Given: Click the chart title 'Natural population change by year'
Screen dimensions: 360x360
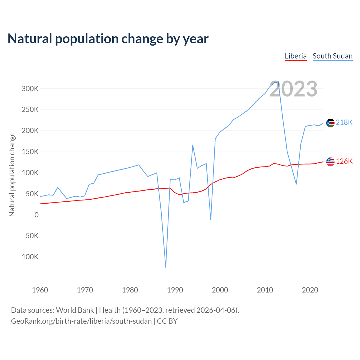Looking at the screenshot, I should tap(108, 39).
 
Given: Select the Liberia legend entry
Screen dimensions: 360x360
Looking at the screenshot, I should tap(296, 56).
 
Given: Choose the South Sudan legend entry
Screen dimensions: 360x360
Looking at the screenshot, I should tap(332, 56).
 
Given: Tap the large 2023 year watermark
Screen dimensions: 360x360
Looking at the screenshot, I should tap(293, 89).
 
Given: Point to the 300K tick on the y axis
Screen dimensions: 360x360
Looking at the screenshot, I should tap(30, 89).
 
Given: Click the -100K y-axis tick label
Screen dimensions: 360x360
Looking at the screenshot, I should tap(29, 257).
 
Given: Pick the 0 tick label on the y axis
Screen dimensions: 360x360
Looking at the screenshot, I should tap(37, 215).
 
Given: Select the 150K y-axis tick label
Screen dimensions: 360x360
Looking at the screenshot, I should tap(30, 152).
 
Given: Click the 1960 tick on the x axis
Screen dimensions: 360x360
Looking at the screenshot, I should tap(40, 290).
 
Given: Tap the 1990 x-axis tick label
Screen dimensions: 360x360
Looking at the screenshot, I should tap(175, 290).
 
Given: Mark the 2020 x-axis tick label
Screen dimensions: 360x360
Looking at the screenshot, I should tap(310, 290).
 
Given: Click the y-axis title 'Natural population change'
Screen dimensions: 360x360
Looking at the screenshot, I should tap(12, 175).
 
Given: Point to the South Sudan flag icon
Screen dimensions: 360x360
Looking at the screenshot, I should tap(330, 123).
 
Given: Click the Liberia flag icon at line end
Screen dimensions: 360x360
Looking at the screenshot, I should tap(330, 162).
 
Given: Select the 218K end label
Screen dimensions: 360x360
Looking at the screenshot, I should tap(344, 123).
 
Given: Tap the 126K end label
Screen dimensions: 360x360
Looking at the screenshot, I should tap(344, 161).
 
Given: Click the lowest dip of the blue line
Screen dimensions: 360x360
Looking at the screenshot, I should tap(166, 267).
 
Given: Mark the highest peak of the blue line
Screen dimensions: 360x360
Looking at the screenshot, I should tap(278, 82).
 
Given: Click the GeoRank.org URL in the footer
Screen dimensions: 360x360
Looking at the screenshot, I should tap(81, 321).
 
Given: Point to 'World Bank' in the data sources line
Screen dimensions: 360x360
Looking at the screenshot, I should tap(75, 310).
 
